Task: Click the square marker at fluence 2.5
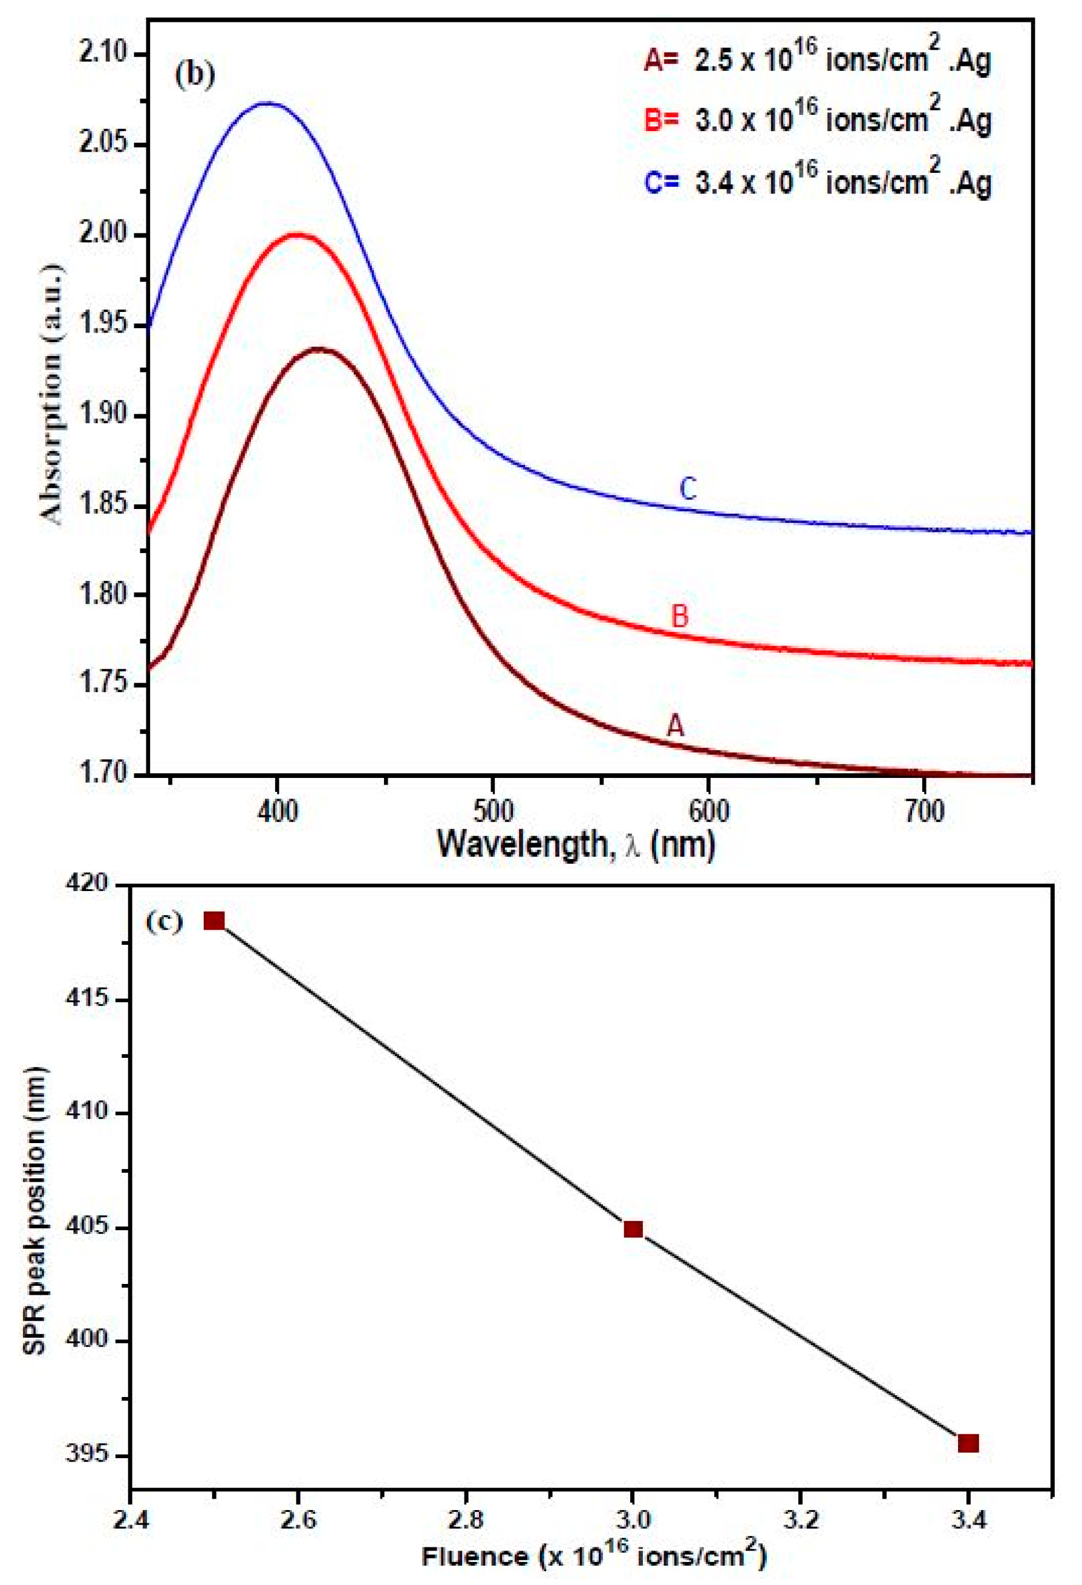(x=214, y=921)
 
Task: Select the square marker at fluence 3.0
(x=633, y=1230)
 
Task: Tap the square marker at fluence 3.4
(x=968, y=1443)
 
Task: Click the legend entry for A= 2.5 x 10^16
(x=816, y=62)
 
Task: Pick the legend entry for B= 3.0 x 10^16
(x=816, y=121)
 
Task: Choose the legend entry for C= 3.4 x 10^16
(x=816, y=183)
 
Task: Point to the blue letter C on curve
(x=688, y=489)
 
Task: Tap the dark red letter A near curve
(x=675, y=727)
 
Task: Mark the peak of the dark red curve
(x=318, y=349)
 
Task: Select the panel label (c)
(x=165, y=922)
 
